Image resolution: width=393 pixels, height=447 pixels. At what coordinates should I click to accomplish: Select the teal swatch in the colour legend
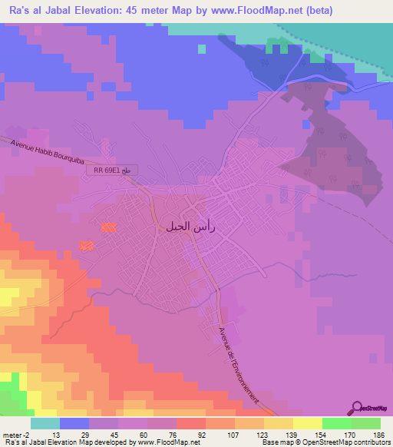tap(45, 423)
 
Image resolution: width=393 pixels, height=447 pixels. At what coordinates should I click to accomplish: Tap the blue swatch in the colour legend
tap(74, 423)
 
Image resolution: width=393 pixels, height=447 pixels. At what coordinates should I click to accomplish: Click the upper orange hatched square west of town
tap(109, 227)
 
